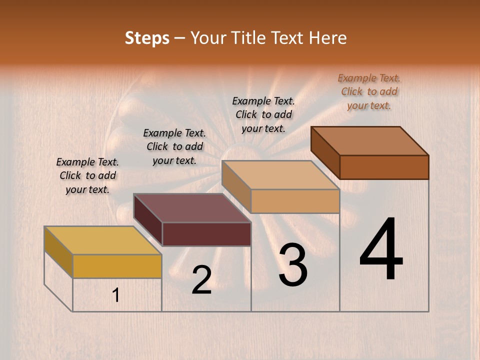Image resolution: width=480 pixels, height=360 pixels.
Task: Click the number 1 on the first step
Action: click(x=116, y=295)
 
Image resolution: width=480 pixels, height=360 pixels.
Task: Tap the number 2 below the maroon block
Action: click(x=201, y=280)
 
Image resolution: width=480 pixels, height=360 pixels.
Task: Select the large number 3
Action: click(x=292, y=264)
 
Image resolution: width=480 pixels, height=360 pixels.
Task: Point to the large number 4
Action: click(x=381, y=249)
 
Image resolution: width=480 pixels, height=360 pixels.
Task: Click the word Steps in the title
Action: click(x=147, y=38)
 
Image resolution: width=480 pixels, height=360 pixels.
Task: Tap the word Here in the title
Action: click(x=327, y=38)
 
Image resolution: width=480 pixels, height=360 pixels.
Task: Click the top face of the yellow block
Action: click(x=102, y=240)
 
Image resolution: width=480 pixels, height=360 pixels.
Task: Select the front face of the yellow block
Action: click(x=117, y=266)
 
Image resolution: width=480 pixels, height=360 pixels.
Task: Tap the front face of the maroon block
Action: click(x=206, y=234)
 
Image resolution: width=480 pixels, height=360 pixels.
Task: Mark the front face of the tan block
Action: click(x=295, y=201)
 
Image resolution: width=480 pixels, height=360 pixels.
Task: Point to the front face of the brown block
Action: click(x=384, y=167)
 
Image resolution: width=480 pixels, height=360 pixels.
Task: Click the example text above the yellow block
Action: click(x=87, y=175)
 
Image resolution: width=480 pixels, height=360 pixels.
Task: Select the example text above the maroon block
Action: click(x=174, y=146)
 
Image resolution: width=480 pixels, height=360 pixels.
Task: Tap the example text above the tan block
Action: click(x=263, y=114)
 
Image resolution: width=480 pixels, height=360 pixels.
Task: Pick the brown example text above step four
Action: click(x=369, y=91)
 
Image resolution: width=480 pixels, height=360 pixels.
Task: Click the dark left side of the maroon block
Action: click(x=148, y=220)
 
